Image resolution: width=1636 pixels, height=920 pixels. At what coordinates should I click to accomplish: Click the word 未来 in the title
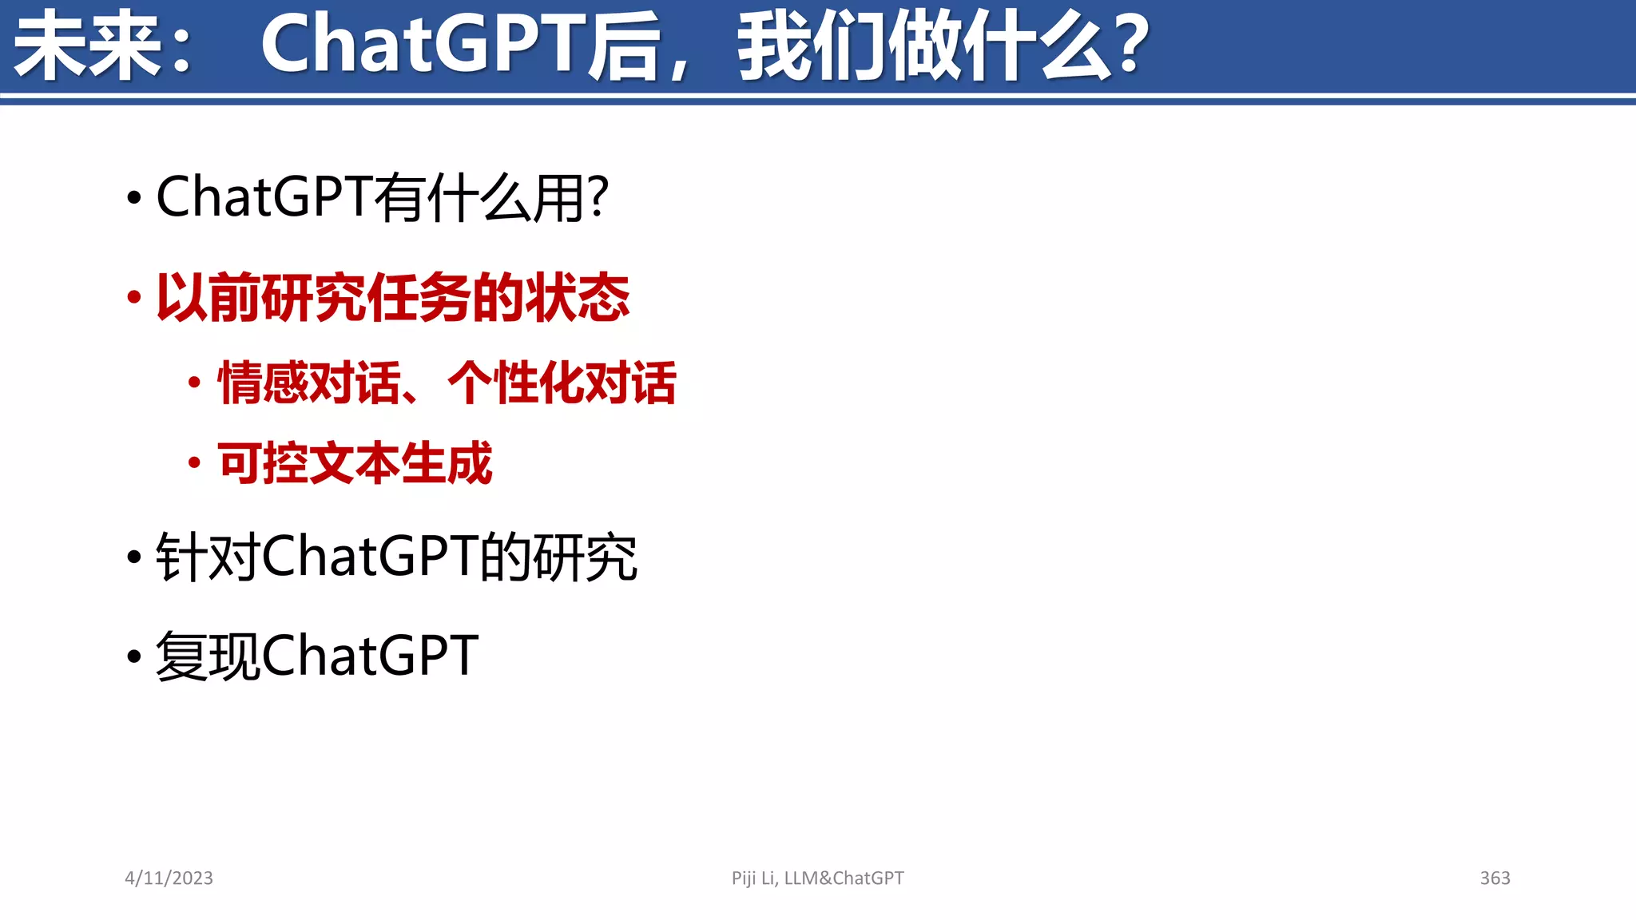tap(88, 46)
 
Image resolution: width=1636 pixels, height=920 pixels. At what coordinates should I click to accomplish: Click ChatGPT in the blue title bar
tap(423, 46)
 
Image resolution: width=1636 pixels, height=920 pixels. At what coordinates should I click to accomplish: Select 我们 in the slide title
tap(811, 46)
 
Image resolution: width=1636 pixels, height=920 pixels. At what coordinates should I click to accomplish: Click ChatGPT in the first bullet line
tap(264, 197)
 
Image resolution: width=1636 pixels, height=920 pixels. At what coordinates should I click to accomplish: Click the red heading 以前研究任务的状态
tap(392, 298)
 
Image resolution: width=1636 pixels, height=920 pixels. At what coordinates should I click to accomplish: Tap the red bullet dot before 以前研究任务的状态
tap(134, 298)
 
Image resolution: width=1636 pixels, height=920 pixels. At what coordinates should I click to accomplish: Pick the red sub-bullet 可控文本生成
tap(355, 463)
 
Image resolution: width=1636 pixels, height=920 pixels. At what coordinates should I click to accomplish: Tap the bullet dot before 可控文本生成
tap(194, 462)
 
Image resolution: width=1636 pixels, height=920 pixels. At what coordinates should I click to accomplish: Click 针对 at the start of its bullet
tap(208, 557)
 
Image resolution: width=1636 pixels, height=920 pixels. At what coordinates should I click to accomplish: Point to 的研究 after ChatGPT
tap(559, 557)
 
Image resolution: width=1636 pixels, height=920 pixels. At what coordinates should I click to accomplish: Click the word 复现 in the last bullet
tap(208, 656)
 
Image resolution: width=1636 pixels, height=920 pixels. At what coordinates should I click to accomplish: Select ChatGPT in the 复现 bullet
tap(370, 656)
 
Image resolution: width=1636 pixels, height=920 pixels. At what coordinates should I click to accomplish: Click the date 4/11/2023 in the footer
tap(169, 878)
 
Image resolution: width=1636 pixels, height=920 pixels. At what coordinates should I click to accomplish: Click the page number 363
tap(1495, 878)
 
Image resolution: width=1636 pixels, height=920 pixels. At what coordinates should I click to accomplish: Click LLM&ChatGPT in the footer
tap(844, 878)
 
